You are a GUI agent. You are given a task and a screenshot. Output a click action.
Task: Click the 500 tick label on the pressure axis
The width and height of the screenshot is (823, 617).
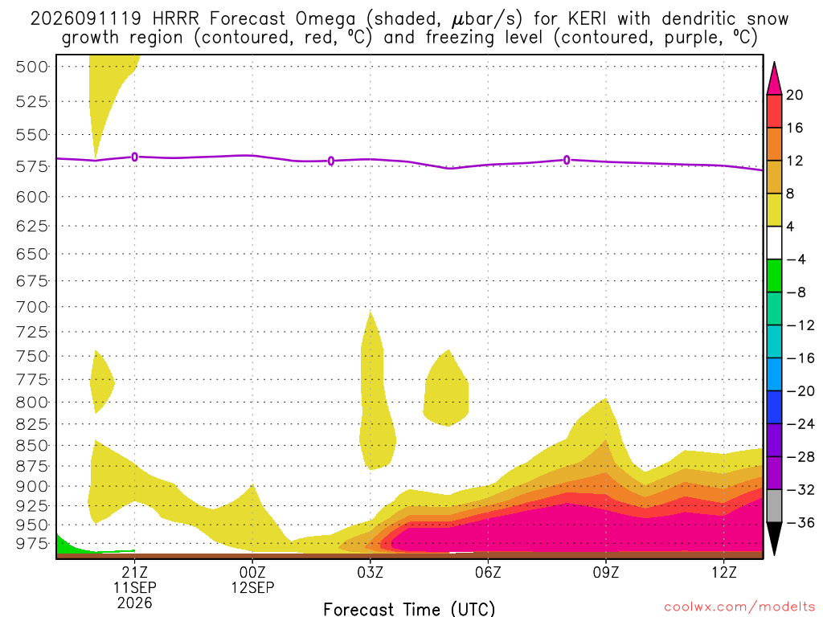point(32,67)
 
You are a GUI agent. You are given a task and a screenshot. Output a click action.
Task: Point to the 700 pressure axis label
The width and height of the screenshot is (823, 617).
point(32,307)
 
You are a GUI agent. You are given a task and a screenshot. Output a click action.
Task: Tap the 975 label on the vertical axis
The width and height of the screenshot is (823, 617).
point(32,544)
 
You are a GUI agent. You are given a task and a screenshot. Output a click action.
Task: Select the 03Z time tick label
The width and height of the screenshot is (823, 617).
point(370,572)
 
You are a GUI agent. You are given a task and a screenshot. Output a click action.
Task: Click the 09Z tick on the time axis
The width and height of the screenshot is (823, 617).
point(606,572)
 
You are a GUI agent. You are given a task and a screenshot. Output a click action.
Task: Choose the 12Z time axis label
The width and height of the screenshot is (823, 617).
point(724,572)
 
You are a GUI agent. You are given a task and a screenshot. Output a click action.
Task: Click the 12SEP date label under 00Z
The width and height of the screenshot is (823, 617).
point(252,587)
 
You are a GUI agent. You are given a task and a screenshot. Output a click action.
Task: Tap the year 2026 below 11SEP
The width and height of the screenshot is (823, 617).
point(135,603)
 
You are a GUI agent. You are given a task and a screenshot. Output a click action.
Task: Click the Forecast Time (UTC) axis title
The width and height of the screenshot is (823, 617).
point(409,609)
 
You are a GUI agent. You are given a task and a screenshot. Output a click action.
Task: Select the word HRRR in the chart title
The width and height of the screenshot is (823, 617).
point(175,19)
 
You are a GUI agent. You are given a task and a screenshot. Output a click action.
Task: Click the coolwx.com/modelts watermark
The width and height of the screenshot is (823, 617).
point(739,607)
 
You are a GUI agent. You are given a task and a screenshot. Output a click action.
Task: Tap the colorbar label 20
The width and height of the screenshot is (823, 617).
point(795,95)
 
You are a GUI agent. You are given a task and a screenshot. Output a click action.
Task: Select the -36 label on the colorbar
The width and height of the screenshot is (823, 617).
point(796,522)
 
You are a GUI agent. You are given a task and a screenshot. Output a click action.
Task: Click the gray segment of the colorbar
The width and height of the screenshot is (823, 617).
point(774,506)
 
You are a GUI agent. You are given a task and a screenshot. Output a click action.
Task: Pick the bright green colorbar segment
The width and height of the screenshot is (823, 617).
point(774,276)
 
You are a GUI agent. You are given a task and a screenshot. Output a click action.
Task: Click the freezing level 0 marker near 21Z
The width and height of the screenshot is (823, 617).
point(135,157)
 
